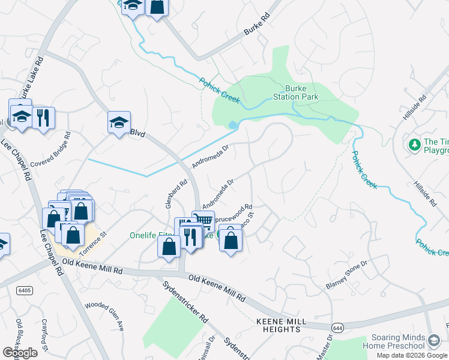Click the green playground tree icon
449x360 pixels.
(414, 145)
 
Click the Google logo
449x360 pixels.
(20, 353)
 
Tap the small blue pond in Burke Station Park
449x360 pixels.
(232, 124)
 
